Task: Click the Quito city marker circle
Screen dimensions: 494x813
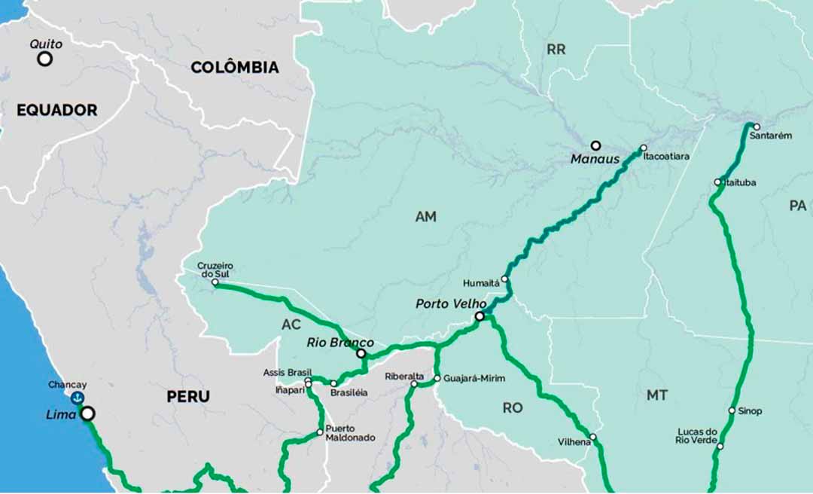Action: [x=45, y=59]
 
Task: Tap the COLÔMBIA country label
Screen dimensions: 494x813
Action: [x=234, y=68]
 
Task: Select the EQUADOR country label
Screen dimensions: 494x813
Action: [x=57, y=110]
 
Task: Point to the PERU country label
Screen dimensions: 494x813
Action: [x=188, y=396]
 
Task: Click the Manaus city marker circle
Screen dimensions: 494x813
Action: [x=595, y=145]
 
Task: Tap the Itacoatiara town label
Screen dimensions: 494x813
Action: [x=666, y=157]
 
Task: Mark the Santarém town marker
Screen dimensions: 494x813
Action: [x=757, y=127]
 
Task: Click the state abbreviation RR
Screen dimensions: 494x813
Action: [x=556, y=50]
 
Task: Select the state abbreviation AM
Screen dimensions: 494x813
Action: [x=426, y=217]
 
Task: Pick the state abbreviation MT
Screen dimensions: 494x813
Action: [x=656, y=395]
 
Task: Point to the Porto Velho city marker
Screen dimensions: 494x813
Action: [x=480, y=316]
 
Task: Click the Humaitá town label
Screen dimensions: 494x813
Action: [x=481, y=283]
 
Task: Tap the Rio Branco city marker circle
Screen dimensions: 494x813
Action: [x=361, y=353]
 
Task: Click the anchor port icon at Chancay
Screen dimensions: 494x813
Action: [x=77, y=398]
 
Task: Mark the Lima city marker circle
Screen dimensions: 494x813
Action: [x=88, y=413]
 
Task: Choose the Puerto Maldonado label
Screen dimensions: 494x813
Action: [x=350, y=433]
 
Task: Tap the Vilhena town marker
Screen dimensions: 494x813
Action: [x=592, y=437]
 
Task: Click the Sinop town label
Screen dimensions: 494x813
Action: [x=750, y=411]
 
